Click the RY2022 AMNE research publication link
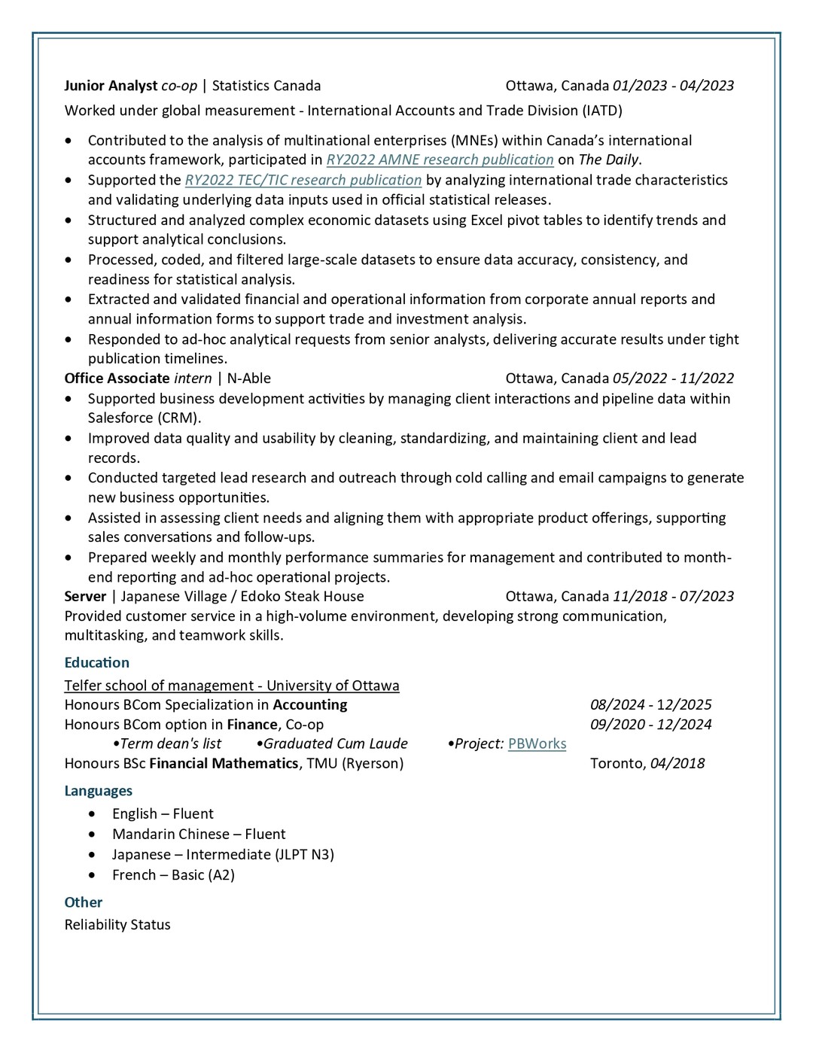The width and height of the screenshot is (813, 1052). [x=440, y=160]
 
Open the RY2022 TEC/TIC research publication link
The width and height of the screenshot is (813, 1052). [x=303, y=180]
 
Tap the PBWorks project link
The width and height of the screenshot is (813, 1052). [x=537, y=743]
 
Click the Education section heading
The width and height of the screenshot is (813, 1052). [x=96, y=662]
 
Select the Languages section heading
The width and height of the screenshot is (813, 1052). [x=98, y=791]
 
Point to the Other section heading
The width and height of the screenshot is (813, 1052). [x=83, y=902]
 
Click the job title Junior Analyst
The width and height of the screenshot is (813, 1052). [x=111, y=86]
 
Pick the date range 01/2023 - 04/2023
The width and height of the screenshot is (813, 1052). [x=673, y=86]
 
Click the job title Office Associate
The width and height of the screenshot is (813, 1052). [x=117, y=379]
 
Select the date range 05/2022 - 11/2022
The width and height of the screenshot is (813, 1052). [x=673, y=379]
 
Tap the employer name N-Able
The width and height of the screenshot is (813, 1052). [x=248, y=379]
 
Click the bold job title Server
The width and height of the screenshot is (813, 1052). [x=85, y=596]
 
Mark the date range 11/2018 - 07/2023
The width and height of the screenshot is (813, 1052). [x=673, y=596]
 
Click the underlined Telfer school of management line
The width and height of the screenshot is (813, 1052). [x=232, y=686]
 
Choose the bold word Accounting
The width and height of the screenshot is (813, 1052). [x=309, y=705]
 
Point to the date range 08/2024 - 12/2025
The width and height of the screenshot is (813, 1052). [x=650, y=705]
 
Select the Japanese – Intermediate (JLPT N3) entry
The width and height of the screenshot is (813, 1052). [x=223, y=854]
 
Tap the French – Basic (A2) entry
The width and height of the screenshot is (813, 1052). [x=173, y=874]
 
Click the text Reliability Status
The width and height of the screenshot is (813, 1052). [x=117, y=925]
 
